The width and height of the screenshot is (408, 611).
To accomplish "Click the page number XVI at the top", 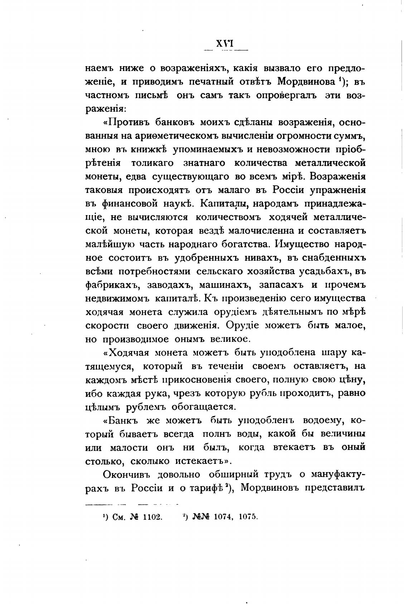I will (x=225, y=44).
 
